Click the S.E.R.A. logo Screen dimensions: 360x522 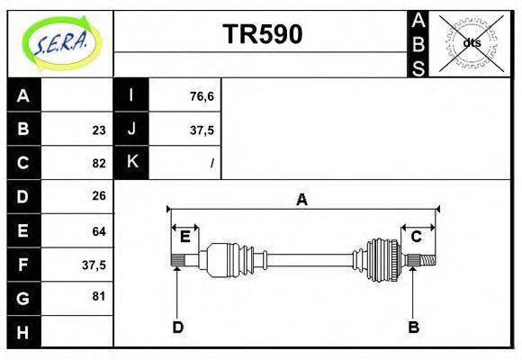pyautogui.click(x=59, y=42)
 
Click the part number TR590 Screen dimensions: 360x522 pyautogui.click(x=262, y=34)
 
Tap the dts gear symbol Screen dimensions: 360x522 pyautogui.click(x=472, y=42)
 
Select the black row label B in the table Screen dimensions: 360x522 pyautogui.click(x=23, y=129)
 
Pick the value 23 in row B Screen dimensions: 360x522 pyautogui.click(x=99, y=130)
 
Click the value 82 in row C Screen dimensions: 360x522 pyautogui.click(x=99, y=163)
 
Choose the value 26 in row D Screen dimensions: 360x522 pyautogui.click(x=99, y=195)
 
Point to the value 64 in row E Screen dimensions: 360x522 pyautogui.click(x=99, y=231)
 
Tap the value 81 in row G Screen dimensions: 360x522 pyautogui.click(x=99, y=296)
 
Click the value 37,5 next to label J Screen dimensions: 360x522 pyautogui.click(x=202, y=130)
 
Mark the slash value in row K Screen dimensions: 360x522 pyautogui.click(x=211, y=163)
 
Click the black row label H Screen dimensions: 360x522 pyautogui.click(x=23, y=332)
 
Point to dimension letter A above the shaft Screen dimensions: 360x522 pyautogui.click(x=302, y=200)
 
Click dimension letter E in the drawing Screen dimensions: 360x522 pyautogui.click(x=184, y=237)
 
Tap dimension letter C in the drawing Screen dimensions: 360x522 pyautogui.click(x=417, y=237)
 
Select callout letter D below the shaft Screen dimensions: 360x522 pyautogui.click(x=177, y=328)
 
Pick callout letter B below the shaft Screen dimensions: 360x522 pyautogui.click(x=413, y=328)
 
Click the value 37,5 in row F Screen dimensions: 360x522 pyautogui.click(x=94, y=265)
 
